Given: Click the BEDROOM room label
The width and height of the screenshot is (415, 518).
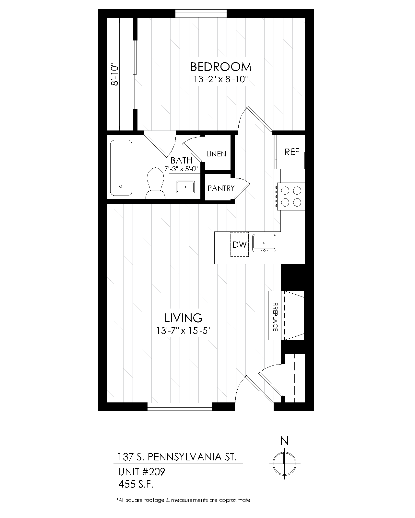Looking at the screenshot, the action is (x=221, y=67).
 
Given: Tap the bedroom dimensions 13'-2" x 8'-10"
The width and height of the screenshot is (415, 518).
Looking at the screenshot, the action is (x=221, y=79).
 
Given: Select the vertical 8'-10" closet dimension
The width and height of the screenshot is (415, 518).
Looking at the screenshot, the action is (x=115, y=74).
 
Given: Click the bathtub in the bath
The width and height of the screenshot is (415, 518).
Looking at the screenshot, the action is (x=121, y=168).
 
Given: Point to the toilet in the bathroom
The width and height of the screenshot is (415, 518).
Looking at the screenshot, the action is (x=156, y=184).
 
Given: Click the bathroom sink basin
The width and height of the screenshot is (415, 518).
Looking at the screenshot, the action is (x=185, y=187).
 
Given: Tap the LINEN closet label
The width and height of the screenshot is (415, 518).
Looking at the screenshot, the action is (x=216, y=154).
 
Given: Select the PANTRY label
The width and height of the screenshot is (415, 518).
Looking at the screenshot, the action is (x=221, y=188).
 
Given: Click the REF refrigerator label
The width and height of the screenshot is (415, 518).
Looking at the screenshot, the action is (x=292, y=152).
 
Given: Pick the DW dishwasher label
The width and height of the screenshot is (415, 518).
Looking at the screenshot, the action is (x=240, y=244).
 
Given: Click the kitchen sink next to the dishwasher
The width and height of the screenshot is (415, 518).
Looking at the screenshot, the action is (x=264, y=243).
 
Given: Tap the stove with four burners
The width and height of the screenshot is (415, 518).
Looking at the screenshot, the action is (x=291, y=197).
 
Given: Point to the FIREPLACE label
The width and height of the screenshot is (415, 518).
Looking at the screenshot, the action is (x=275, y=317).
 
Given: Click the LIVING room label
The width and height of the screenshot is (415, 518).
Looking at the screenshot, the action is (x=184, y=318).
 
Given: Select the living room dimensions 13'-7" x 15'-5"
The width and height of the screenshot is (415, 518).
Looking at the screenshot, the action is (x=184, y=331).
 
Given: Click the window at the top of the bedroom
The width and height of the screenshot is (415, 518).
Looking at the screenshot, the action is (x=201, y=14).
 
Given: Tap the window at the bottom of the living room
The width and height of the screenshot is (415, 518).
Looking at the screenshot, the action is (x=179, y=407).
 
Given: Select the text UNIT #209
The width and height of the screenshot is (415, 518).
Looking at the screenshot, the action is (x=142, y=472).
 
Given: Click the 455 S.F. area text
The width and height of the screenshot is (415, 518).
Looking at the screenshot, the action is (x=136, y=484).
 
